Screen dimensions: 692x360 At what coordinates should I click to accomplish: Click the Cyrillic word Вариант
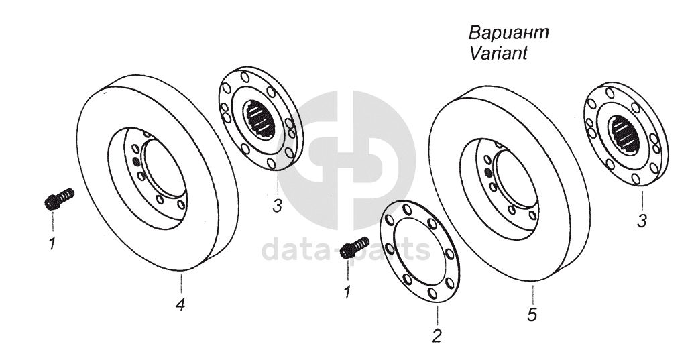(x=508, y=33)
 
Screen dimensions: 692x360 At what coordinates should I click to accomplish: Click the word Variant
(x=498, y=54)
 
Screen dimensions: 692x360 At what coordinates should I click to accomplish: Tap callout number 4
(x=180, y=304)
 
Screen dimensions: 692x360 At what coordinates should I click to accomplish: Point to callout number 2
(x=437, y=336)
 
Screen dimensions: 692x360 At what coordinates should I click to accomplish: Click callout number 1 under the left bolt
(x=52, y=243)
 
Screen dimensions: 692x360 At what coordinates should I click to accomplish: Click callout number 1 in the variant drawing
(x=347, y=292)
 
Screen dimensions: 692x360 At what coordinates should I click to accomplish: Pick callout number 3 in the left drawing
(x=277, y=206)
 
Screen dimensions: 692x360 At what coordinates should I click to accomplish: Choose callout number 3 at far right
(x=642, y=220)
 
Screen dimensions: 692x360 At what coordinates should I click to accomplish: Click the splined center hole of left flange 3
(x=260, y=120)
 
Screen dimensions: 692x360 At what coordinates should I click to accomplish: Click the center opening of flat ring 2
(x=420, y=251)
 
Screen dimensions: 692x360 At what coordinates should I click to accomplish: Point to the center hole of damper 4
(x=165, y=168)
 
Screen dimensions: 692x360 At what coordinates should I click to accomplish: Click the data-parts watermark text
(x=345, y=249)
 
